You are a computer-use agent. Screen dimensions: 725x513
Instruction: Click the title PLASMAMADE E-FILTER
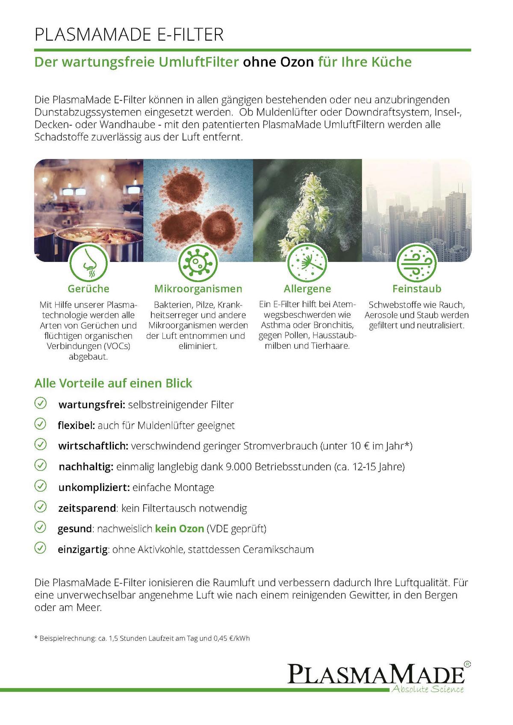(x=129, y=35)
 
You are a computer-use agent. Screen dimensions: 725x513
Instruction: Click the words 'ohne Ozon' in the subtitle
(x=278, y=62)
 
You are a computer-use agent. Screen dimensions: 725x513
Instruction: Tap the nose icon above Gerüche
(x=88, y=264)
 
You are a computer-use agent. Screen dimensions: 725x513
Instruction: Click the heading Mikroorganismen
(x=198, y=289)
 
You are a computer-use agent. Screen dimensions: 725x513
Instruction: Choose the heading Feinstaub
(x=417, y=289)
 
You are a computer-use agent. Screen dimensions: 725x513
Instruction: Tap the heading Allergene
(x=307, y=289)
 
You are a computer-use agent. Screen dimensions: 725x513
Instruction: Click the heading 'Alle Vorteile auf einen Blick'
(x=113, y=383)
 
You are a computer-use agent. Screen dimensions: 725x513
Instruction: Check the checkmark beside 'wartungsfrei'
(x=40, y=403)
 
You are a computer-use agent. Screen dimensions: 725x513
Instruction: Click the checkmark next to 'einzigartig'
(x=40, y=548)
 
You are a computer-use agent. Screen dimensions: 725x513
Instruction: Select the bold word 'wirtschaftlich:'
(x=93, y=446)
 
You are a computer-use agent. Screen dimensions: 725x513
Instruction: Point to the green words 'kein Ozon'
(x=180, y=529)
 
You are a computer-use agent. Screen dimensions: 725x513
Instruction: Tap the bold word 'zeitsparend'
(x=87, y=508)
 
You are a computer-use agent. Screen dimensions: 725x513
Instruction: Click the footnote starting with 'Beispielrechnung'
(x=142, y=638)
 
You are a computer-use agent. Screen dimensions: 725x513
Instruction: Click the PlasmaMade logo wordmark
(x=376, y=674)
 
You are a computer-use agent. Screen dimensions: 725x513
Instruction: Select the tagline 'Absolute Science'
(x=428, y=689)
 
